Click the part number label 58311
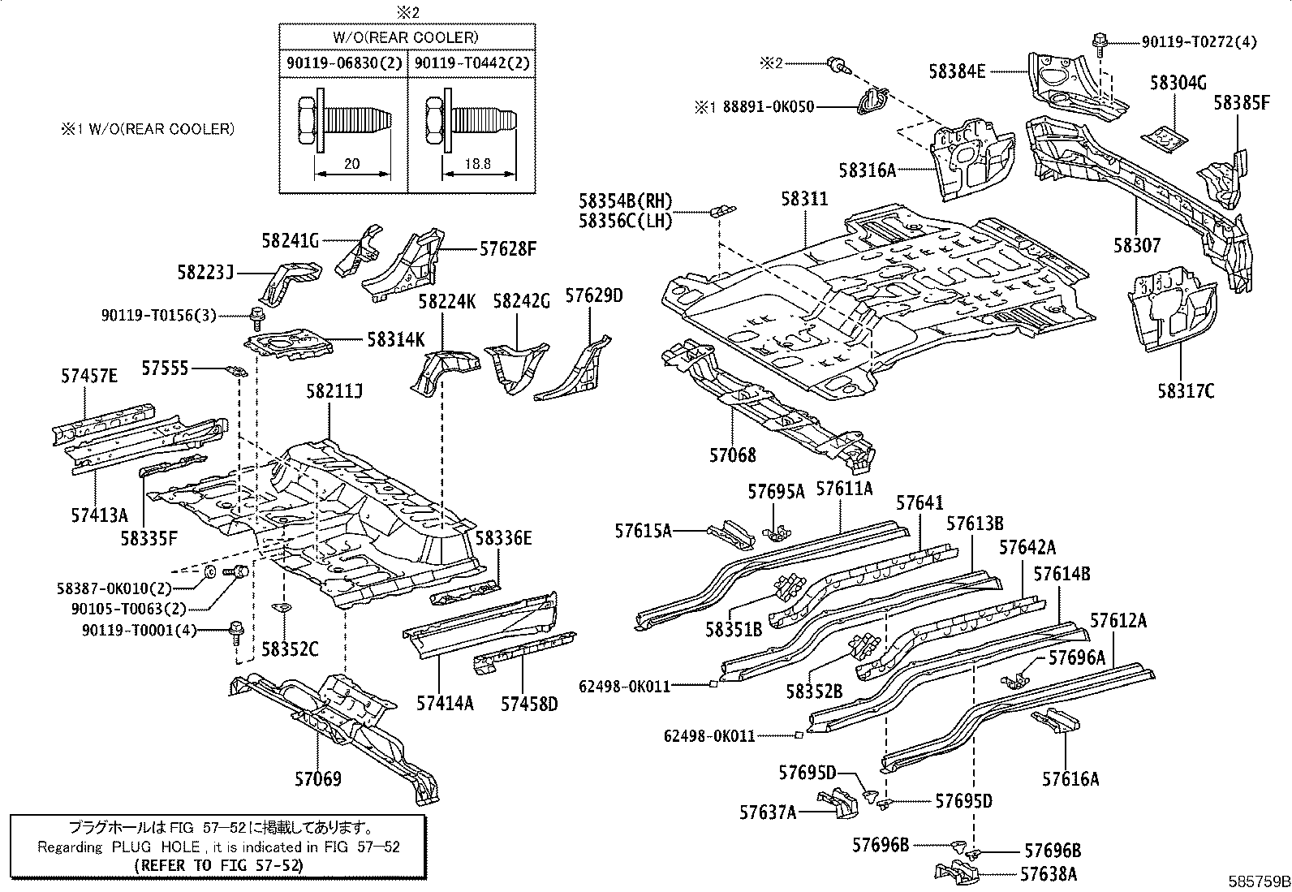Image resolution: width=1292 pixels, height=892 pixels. pyautogui.click(x=804, y=199)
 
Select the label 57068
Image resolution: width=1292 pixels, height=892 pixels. pyautogui.click(x=732, y=456)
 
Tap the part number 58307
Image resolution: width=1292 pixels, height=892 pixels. pyautogui.click(x=1136, y=245)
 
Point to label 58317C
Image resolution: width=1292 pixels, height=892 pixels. pyautogui.click(x=1186, y=391)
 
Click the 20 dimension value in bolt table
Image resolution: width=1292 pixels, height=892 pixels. pyautogui.click(x=351, y=163)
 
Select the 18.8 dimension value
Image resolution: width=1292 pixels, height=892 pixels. pyautogui.click(x=479, y=163)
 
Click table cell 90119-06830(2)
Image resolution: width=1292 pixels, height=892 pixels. pyautogui.click(x=343, y=62)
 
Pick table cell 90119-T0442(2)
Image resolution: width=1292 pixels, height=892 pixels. pyautogui.click(x=472, y=62)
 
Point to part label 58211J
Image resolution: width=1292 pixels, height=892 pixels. pyautogui.click(x=334, y=391)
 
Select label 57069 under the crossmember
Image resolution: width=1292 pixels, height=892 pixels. pyautogui.click(x=317, y=779)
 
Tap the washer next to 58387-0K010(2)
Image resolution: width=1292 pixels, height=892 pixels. pyautogui.click(x=209, y=572)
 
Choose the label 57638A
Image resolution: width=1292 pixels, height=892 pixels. pyautogui.click(x=1049, y=874)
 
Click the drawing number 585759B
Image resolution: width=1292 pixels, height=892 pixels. pyautogui.click(x=1258, y=881)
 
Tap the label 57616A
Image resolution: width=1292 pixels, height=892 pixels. pyautogui.click(x=1070, y=779)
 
